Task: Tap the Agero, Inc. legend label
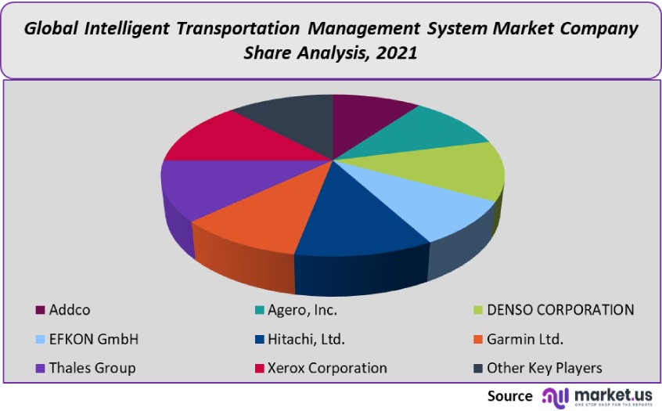(x=302, y=310)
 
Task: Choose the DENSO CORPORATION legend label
(x=560, y=310)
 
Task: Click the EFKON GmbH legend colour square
(x=40, y=340)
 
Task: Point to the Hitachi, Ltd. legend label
(x=306, y=340)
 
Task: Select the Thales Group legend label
(x=92, y=368)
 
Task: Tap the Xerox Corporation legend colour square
(x=258, y=369)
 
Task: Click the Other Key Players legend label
(x=544, y=368)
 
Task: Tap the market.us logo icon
(x=554, y=396)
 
